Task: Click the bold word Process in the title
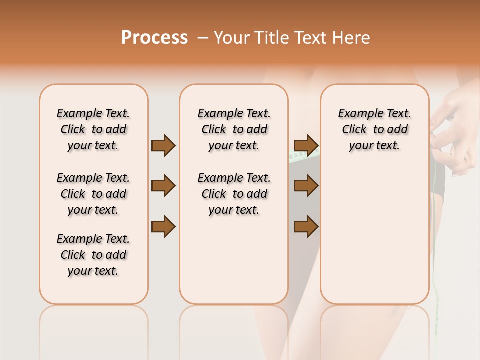(154, 38)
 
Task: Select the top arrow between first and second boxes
(163, 146)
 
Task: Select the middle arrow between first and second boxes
(163, 186)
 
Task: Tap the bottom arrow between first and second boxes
(163, 226)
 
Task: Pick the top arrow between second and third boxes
(306, 146)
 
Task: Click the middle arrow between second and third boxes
(306, 186)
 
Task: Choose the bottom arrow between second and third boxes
(306, 226)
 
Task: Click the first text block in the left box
(93, 129)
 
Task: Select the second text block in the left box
(93, 194)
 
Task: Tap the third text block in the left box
(93, 255)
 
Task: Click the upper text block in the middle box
(234, 129)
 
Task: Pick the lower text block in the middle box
(234, 194)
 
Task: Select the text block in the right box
(374, 129)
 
